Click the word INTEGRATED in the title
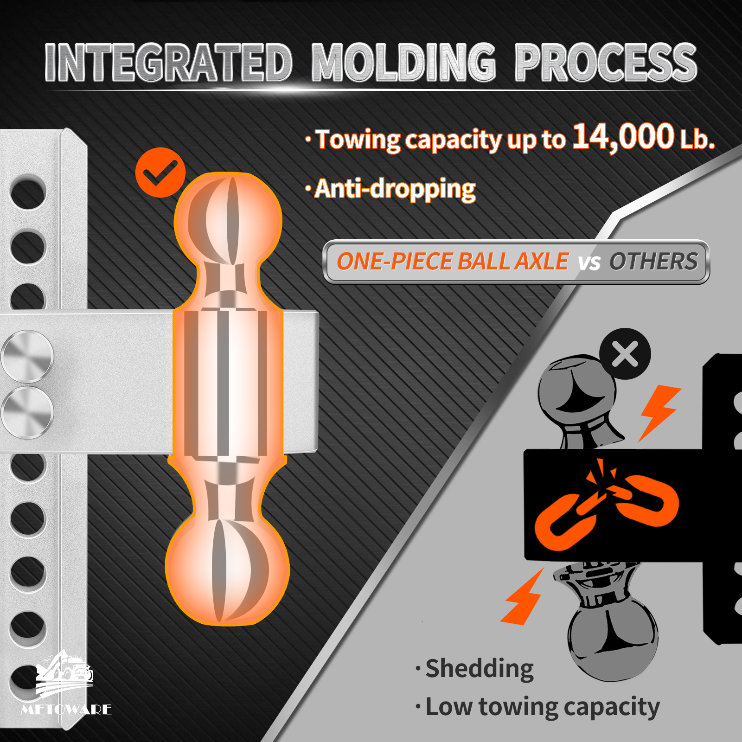point(169,63)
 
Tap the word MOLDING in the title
point(404,63)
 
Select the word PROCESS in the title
point(606,63)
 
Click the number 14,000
point(623,137)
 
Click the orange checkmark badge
point(160,173)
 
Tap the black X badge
point(625,354)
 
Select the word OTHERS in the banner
point(653,262)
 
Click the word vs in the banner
point(589,263)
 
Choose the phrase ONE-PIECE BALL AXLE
point(452,262)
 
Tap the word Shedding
point(480,669)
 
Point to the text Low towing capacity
point(543,708)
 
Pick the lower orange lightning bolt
point(523,597)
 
